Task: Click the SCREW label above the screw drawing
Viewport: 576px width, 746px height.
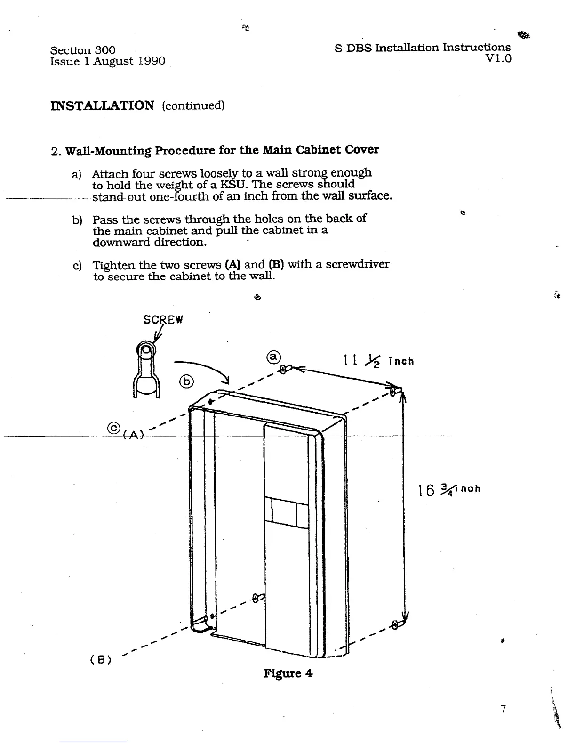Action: point(163,320)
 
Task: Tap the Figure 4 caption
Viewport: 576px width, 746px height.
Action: point(288,673)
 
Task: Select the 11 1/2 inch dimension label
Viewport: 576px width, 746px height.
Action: point(379,361)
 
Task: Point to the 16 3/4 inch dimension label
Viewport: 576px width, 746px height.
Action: point(449,490)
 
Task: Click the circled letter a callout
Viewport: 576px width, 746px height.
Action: point(274,357)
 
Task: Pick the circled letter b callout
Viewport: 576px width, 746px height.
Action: point(187,381)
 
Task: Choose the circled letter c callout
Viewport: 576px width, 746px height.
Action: point(113,428)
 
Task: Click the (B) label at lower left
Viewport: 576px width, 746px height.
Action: point(100,660)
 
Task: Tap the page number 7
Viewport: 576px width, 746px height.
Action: point(503,708)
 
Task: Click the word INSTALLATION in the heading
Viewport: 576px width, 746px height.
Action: point(102,105)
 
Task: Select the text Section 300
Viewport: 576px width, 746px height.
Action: point(83,50)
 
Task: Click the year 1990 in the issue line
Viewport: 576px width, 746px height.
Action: point(152,61)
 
